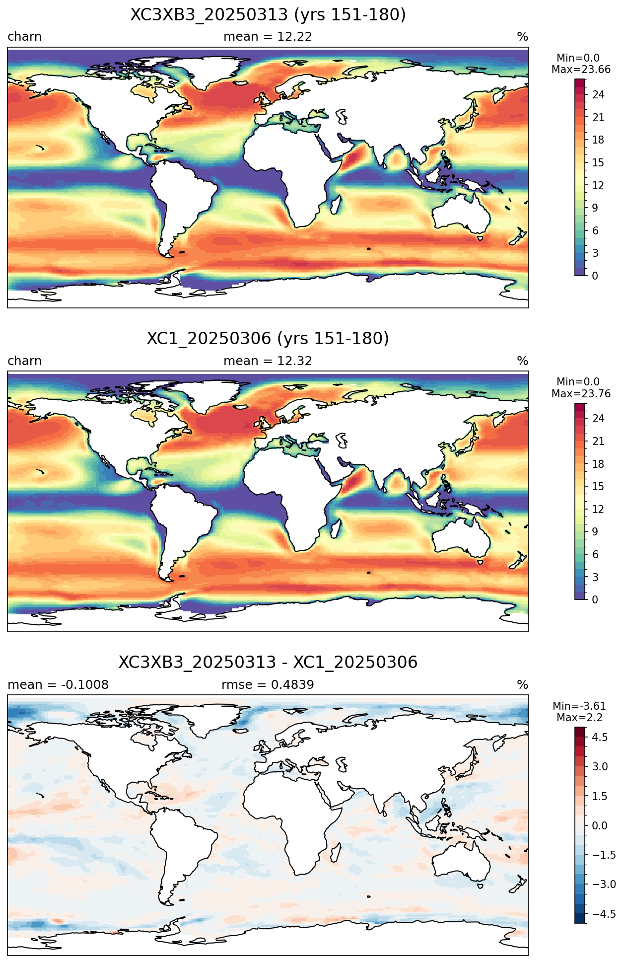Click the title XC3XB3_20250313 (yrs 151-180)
[268, 15]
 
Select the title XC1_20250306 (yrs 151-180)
[268, 339]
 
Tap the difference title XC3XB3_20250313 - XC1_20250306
[268, 663]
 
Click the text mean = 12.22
[268, 37]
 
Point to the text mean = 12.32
[268, 361]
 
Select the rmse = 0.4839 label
[268, 685]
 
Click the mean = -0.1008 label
[58, 685]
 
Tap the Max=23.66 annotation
[581, 70]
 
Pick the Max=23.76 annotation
[581, 394]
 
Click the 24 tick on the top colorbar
[598, 95]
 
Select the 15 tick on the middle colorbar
[598, 487]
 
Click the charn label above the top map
[25, 37]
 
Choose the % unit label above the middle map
[523, 361]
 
